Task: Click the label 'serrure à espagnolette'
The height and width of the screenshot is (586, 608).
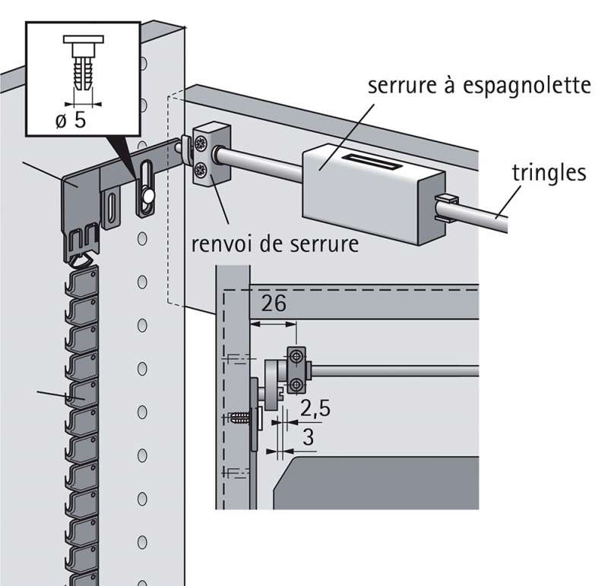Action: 480,85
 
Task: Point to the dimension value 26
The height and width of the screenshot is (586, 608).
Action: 274,305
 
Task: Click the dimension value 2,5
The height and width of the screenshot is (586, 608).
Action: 314,411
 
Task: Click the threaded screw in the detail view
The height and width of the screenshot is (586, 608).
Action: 242,416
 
